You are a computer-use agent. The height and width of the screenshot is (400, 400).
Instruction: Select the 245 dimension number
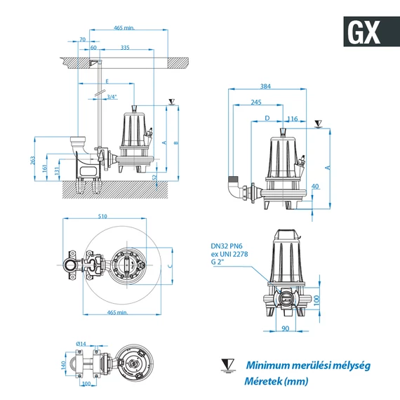pos(256,102)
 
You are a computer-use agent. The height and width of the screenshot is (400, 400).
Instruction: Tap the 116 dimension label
pos(293,119)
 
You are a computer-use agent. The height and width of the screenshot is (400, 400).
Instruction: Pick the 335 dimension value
pos(126,48)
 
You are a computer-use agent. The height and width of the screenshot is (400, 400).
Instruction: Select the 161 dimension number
pos(46,168)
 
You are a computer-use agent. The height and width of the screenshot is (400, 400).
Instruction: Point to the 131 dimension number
pos(57,172)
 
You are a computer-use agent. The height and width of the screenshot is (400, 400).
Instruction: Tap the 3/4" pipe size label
pos(112,96)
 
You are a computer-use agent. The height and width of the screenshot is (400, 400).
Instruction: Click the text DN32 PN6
pos(229,246)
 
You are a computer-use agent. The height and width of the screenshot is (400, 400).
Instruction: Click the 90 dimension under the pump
pos(285,328)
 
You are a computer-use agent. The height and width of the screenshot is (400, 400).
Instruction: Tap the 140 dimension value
pos(63,365)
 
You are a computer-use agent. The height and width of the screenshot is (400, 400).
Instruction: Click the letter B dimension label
pos(176,143)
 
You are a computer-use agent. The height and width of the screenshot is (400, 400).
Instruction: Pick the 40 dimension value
pos(315,186)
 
